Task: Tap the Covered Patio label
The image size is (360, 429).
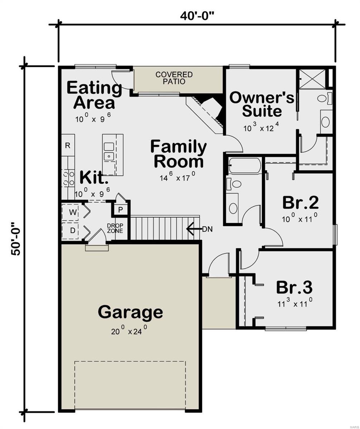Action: pyautogui.click(x=174, y=78)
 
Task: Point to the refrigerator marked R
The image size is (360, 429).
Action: pyautogui.click(x=68, y=146)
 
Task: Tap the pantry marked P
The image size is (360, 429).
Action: pyautogui.click(x=121, y=209)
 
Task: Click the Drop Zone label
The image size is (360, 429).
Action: pyautogui.click(x=115, y=228)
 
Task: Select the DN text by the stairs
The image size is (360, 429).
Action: pyautogui.click(x=207, y=229)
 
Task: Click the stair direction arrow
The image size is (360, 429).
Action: pyautogui.click(x=194, y=229)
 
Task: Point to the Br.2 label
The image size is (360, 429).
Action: pyautogui.click(x=301, y=202)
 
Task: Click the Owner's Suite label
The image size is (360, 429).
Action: pyautogui.click(x=262, y=104)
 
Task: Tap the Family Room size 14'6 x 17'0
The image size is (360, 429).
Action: pyautogui.click(x=177, y=177)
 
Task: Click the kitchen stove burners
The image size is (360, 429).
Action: pyautogui.click(x=68, y=178)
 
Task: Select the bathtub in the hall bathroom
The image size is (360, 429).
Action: pyautogui.click(x=245, y=166)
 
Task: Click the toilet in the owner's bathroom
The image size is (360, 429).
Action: pyautogui.click(x=325, y=98)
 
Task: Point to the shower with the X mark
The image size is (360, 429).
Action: pyautogui.click(x=312, y=79)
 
